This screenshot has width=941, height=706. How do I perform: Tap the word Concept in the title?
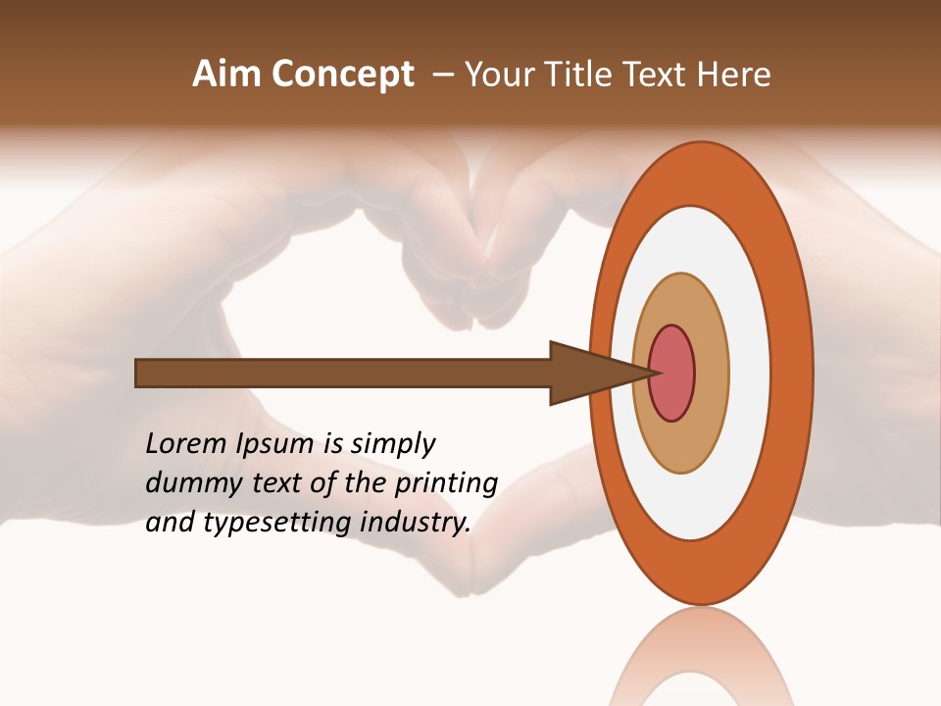pyautogui.click(x=343, y=75)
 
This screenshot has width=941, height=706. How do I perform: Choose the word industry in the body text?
pyautogui.click(x=415, y=523)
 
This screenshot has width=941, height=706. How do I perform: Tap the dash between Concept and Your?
pyautogui.click(x=442, y=75)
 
